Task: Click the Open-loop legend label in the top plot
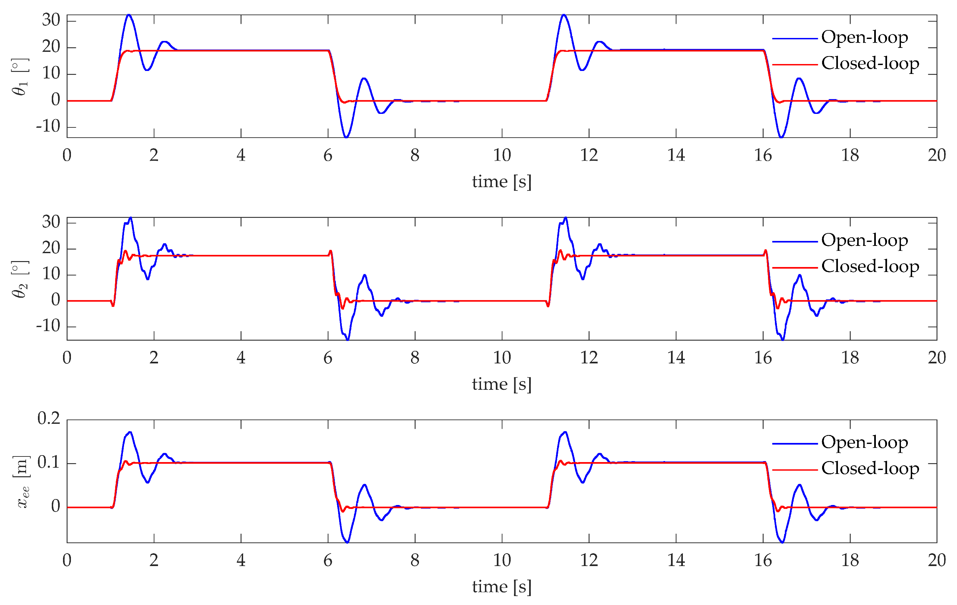click(864, 37)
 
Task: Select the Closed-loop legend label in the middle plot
click(870, 266)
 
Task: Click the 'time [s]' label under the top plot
click(501, 182)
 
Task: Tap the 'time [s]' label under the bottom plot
click(501, 587)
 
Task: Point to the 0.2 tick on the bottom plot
click(48, 419)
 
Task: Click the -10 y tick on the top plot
click(48, 126)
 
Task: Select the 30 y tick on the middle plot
click(51, 222)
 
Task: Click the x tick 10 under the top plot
click(501, 155)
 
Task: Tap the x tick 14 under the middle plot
click(676, 357)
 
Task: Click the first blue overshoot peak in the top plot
click(128, 15)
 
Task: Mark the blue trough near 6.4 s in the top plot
click(346, 137)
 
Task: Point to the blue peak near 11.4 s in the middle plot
click(565, 218)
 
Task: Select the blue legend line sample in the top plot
click(794, 39)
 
